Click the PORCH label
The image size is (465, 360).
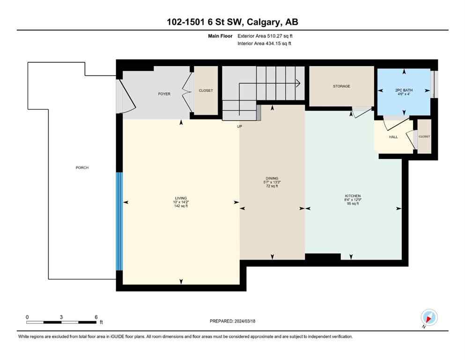[82, 168]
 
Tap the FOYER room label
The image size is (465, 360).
[164, 94]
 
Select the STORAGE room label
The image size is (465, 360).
[341, 86]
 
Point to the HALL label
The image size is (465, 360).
[393, 137]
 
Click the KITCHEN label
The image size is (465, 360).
[353, 196]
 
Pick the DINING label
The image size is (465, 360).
[272, 178]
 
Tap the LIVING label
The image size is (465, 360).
[181, 198]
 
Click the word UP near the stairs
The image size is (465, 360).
[239, 126]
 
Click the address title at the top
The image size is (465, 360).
[232, 22]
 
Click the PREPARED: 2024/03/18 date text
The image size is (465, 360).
[232, 321]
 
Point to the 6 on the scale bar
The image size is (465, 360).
[96, 317]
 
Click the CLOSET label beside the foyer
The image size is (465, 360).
[206, 90]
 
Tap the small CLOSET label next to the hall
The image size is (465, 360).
[424, 136]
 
